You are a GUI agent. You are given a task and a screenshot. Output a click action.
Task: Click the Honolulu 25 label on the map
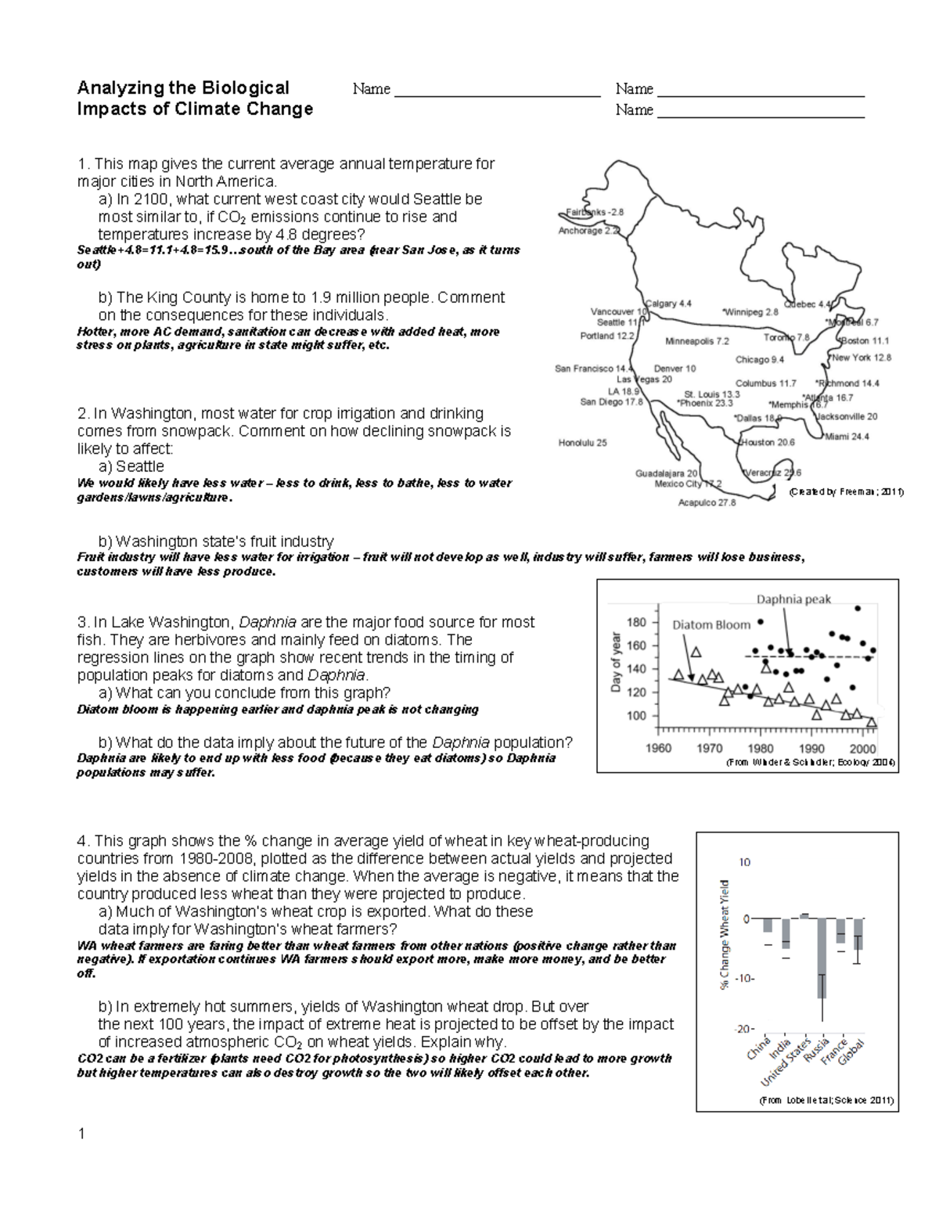point(581,443)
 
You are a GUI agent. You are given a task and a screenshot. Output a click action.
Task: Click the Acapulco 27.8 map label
point(707,502)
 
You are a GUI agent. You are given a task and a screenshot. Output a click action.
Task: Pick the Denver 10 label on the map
point(675,368)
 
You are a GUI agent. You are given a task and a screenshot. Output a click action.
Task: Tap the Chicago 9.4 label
point(759,360)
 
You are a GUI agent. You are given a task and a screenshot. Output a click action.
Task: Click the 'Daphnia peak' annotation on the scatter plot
point(793,599)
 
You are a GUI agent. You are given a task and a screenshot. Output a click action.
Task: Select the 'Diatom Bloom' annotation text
point(711,624)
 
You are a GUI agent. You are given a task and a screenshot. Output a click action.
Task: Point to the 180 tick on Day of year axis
point(637,623)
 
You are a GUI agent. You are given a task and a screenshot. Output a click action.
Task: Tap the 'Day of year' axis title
point(616,662)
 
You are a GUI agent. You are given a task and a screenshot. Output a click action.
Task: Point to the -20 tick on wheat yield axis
point(743,1029)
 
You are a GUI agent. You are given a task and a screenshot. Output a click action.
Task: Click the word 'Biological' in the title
point(244,88)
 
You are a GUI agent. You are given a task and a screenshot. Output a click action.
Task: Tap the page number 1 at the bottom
point(81,1134)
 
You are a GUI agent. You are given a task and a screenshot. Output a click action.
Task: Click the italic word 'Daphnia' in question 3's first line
point(267,622)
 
